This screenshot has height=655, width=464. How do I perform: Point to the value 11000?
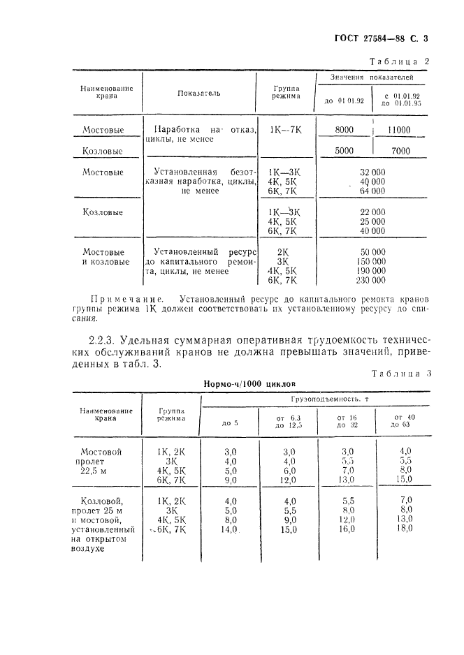398,130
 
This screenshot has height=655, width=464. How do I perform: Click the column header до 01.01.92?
345,101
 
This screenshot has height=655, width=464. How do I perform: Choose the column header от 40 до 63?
401,420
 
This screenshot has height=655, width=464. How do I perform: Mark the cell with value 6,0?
289,471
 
